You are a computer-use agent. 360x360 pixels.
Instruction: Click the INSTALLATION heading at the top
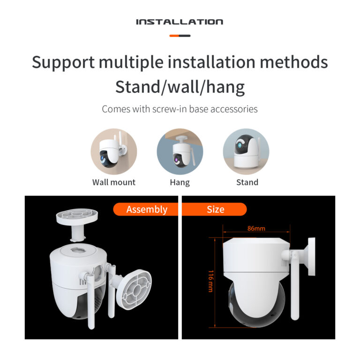pos(180,22)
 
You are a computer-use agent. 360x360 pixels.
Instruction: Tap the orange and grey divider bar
pos(180,36)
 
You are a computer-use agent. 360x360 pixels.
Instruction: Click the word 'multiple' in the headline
pos(131,62)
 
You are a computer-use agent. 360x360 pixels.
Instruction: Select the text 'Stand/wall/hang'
pos(180,87)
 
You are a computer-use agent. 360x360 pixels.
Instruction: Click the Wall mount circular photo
pos(114,151)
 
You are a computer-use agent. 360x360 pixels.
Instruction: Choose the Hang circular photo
pos(180,151)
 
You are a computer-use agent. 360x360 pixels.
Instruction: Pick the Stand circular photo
pos(246,151)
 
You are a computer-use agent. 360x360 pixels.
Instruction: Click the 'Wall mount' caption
pos(114,182)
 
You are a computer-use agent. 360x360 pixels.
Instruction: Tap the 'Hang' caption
pos(180,182)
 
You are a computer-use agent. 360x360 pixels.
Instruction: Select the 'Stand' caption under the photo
pos(247,182)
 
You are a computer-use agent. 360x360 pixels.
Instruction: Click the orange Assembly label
pos(146,209)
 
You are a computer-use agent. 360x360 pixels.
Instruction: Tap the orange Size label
pos(214,209)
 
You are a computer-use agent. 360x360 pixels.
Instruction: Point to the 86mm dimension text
pos(256,228)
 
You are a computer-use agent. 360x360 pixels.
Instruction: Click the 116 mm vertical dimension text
pos(211,281)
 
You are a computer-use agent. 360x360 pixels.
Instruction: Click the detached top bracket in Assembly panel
pos(77,224)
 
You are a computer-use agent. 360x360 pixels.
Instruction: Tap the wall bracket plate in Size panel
pos(312,256)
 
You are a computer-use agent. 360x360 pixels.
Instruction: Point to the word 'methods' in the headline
pos(293,62)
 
